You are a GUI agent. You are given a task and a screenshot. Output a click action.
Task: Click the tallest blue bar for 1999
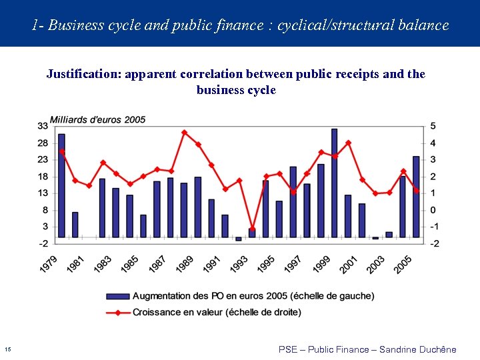click(x=334, y=183)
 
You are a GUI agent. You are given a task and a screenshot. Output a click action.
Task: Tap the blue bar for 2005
click(x=416, y=197)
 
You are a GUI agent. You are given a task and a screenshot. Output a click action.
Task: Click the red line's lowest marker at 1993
click(x=252, y=229)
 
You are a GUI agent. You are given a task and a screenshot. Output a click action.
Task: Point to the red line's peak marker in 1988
click(x=184, y=133)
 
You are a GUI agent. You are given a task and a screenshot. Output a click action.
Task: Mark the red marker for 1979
click(x=61, y=151)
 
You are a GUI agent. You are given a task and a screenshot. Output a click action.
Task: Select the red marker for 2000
click(x=348, y=143)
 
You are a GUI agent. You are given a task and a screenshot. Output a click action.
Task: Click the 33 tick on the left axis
click(x=42, y=126)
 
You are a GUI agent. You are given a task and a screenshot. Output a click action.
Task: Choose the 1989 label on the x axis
click(x=183, y=264)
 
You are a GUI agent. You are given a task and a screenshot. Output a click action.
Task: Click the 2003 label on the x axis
click(x=375, y=264)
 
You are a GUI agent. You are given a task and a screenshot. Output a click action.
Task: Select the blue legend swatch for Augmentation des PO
click(x=117, y=296)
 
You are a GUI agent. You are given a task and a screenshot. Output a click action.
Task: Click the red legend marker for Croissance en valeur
click(x=117, y=311)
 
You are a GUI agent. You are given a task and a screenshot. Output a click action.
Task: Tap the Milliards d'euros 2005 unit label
click(x=97, y=119)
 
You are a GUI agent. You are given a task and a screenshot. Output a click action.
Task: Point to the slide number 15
click(x=7, y=349)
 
